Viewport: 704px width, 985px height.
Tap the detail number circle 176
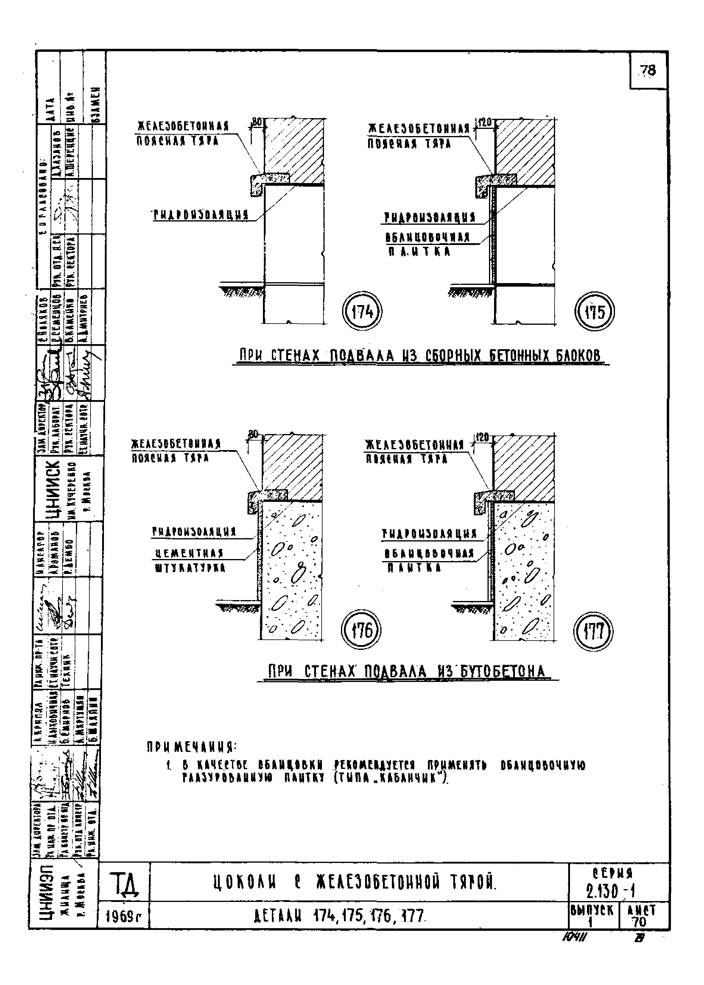[361, 630]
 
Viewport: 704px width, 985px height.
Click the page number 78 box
[648, 70]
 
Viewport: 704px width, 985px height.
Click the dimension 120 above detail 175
[485, 123]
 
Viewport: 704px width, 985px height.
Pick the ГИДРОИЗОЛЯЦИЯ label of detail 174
[200, 216]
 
